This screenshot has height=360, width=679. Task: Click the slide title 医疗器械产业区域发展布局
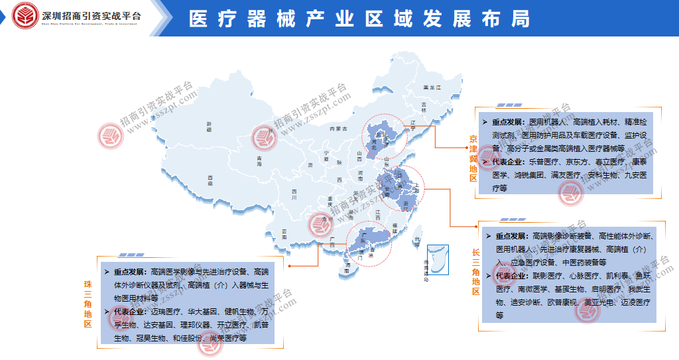tap(359, 19)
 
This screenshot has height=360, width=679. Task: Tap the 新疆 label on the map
tap(208, 127)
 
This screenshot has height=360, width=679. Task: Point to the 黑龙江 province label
tap(432, 88)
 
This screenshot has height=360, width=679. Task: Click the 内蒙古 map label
tap(339, 129)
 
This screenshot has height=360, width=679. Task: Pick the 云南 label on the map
tap(284, 233)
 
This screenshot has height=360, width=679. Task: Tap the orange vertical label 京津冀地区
tap(473, 159)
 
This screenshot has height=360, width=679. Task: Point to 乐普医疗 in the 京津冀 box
tap(543, 161)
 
